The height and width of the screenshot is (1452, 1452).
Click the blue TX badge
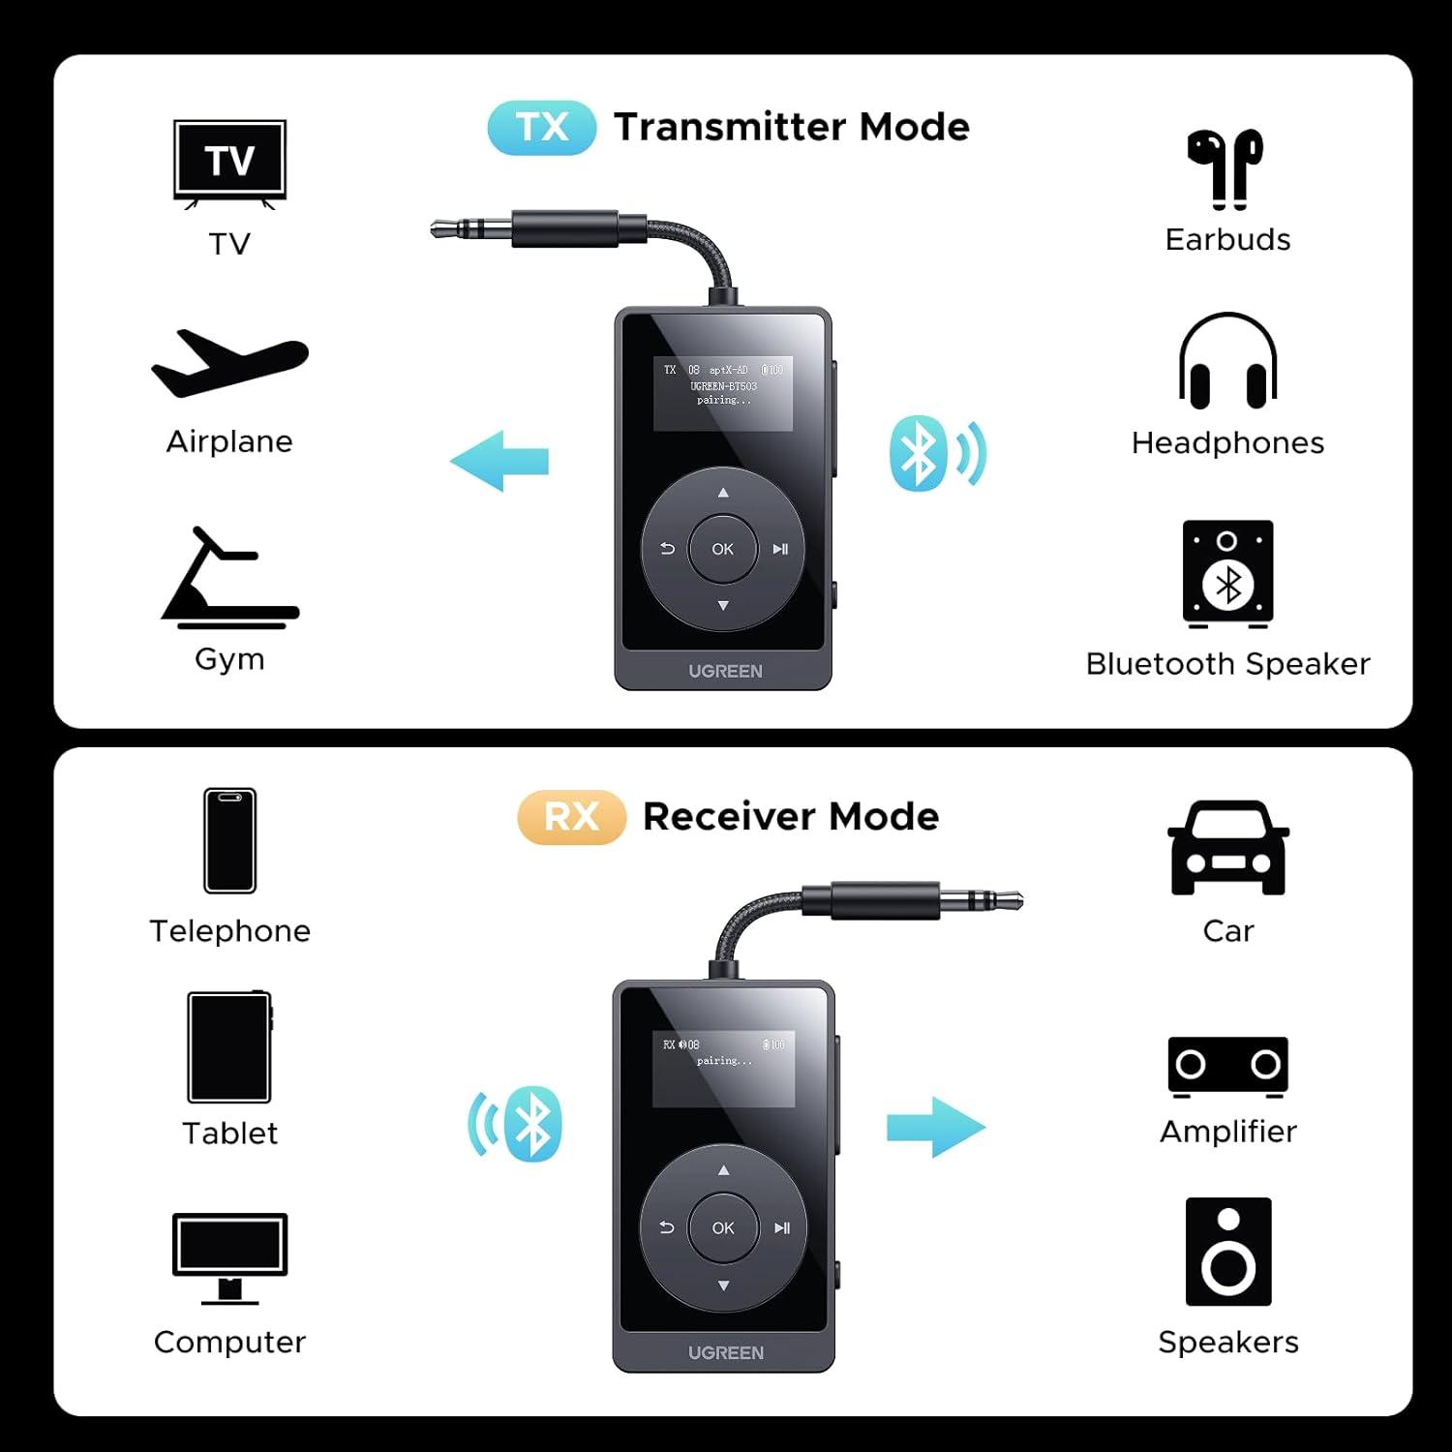tap(541, 128)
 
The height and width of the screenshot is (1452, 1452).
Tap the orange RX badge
tap(571, 817)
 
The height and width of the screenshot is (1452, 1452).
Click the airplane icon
tap(229, 364)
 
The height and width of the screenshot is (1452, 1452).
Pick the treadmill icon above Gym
tap(229, 579)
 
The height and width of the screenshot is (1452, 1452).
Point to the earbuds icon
tap(1226, 168)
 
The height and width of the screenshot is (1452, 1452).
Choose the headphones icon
tap(1227, 362)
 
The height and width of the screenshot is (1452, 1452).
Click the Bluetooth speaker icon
tap(1227, 574)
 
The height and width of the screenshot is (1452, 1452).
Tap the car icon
tap(1227, 848)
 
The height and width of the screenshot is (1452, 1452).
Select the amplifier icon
tap(1227, 1067)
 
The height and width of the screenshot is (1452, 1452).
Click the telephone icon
tap(229, 840)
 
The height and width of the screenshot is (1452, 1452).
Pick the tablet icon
tap(229, 1047)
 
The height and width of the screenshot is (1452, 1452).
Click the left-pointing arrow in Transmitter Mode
tap(499, 462)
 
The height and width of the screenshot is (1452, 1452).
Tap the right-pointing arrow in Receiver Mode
tap(935, 1127)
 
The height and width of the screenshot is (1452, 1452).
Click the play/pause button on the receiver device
tap(781, 1228)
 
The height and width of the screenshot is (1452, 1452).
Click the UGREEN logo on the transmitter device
tap(725, 671)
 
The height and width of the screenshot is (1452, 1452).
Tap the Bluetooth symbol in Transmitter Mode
tap(918, 454)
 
